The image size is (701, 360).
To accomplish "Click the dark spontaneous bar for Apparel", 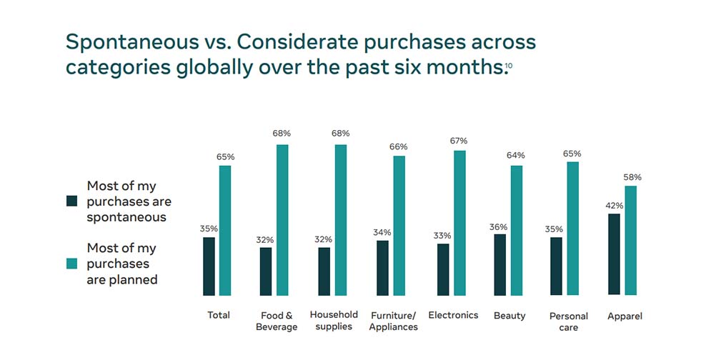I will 614,254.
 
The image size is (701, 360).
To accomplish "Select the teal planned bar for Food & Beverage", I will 282,220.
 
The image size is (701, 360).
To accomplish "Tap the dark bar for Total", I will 209,266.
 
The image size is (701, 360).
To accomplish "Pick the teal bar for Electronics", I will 459,223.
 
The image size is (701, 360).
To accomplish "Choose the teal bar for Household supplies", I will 340,220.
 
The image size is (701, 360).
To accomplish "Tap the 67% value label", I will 459,140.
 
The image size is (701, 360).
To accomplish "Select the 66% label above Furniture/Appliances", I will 399,146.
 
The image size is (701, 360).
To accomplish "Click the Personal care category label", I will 569,321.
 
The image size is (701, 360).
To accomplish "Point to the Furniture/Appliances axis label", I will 394,321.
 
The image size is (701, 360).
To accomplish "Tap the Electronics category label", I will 453,315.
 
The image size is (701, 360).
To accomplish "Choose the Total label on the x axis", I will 218,315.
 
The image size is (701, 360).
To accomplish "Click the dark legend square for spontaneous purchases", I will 71,201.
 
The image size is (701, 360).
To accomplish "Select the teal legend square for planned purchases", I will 71,264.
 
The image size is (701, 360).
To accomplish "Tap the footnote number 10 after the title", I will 508,66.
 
